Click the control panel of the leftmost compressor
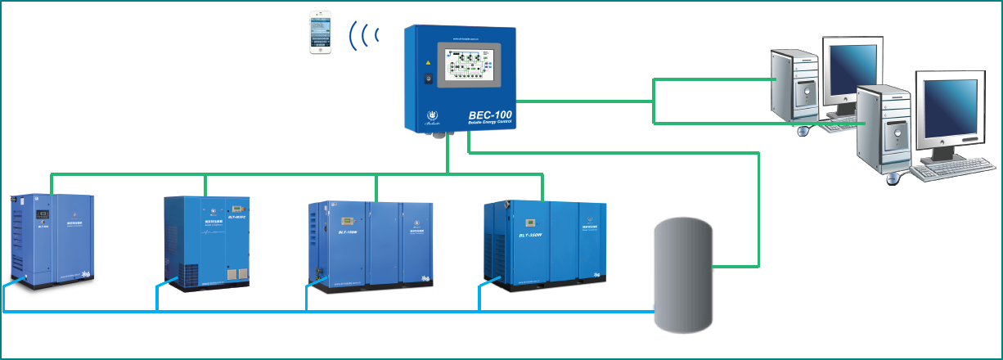[40, 217]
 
